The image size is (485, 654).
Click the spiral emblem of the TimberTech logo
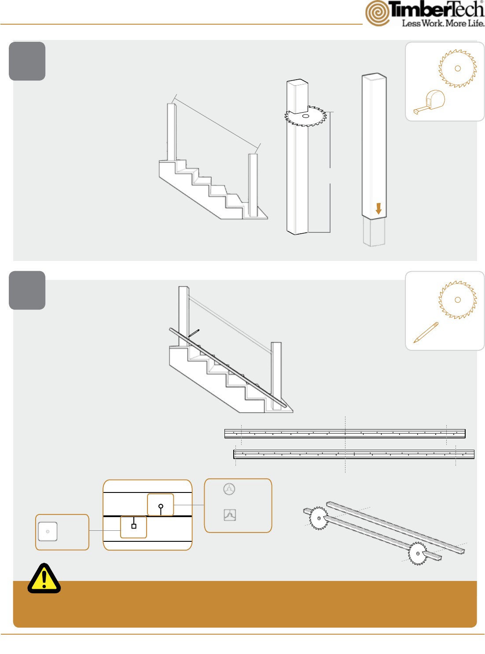tap(378, 13)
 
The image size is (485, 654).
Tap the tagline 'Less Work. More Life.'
tap(443, 23)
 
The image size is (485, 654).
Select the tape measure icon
tap(429, 102)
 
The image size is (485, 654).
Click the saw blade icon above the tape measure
tap(458, 68)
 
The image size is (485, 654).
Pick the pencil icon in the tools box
tap(426, 332)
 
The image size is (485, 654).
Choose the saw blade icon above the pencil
tap(458, 300)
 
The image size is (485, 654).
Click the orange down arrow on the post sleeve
tap(378, 209)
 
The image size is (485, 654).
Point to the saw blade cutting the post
tap(305, 116)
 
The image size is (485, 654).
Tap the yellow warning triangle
tap(44, 578)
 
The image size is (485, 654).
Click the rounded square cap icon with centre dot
tap(48, 531)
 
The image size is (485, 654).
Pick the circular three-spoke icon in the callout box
tap(229, 489)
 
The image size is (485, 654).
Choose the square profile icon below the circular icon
tap(230, 515)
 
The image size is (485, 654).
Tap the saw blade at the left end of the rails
tap(319, 518)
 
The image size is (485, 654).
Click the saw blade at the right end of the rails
tap(418, 554)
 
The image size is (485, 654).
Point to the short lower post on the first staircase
tap(253, 185)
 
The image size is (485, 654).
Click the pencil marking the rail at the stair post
tap(194, 333)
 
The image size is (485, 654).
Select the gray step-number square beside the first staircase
tap(27, 61)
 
